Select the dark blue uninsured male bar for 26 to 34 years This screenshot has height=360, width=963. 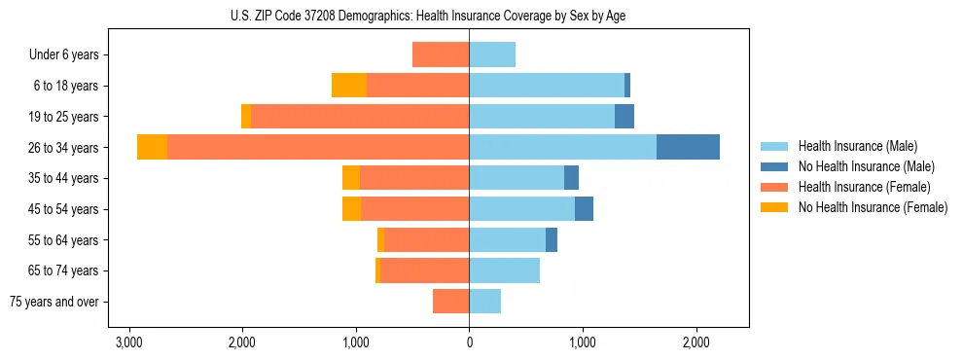pyautogui.click(x=688, y=147)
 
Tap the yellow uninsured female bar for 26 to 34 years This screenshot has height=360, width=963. pyautogui.click(x=152, y=147)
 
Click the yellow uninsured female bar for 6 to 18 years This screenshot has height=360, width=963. pyautogui.click(x=349, y=86)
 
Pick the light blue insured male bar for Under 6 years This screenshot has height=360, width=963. pyautogui.click(x=492, y=54)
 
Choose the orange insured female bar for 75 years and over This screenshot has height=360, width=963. pyautogui.click(x=450, y=302)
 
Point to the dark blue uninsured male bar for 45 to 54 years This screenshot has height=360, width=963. pyautogui.click(x=584, y=209)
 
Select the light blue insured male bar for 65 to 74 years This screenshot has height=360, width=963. pyautogui.click(x=504, y=270)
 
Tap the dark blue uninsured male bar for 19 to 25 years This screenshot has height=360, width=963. pyautogui.click(x=624, y=117)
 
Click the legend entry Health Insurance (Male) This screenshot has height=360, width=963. pyautogui.click(x=857, y=146)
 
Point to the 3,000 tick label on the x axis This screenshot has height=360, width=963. pyautogui.click(x=128, y=342)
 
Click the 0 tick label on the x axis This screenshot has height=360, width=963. pyautogui.click(x=469, y=342)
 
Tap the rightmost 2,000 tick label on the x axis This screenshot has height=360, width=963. pyautogui.click(x=695, y=342)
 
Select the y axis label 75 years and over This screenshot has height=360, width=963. pyautogui.click(x=54, y=302)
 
